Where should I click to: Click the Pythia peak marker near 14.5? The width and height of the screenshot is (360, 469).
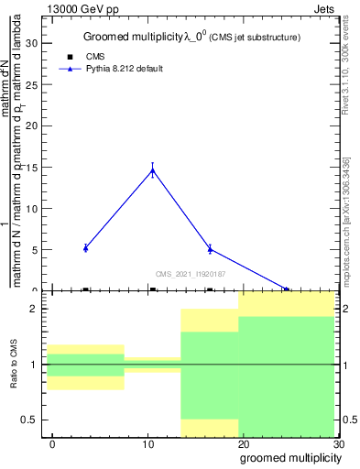[152, 169]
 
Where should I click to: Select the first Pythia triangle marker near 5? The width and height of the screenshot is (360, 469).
[85, 247]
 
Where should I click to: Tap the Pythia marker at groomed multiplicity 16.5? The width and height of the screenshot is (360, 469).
[210, 248]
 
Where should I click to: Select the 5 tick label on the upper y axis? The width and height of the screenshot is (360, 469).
[37, 249]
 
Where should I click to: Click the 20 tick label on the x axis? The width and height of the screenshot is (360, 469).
[244, 444]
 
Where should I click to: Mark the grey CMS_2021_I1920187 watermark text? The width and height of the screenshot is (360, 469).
[191, 273]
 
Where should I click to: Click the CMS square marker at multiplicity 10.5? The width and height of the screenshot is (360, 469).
[152, 289]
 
